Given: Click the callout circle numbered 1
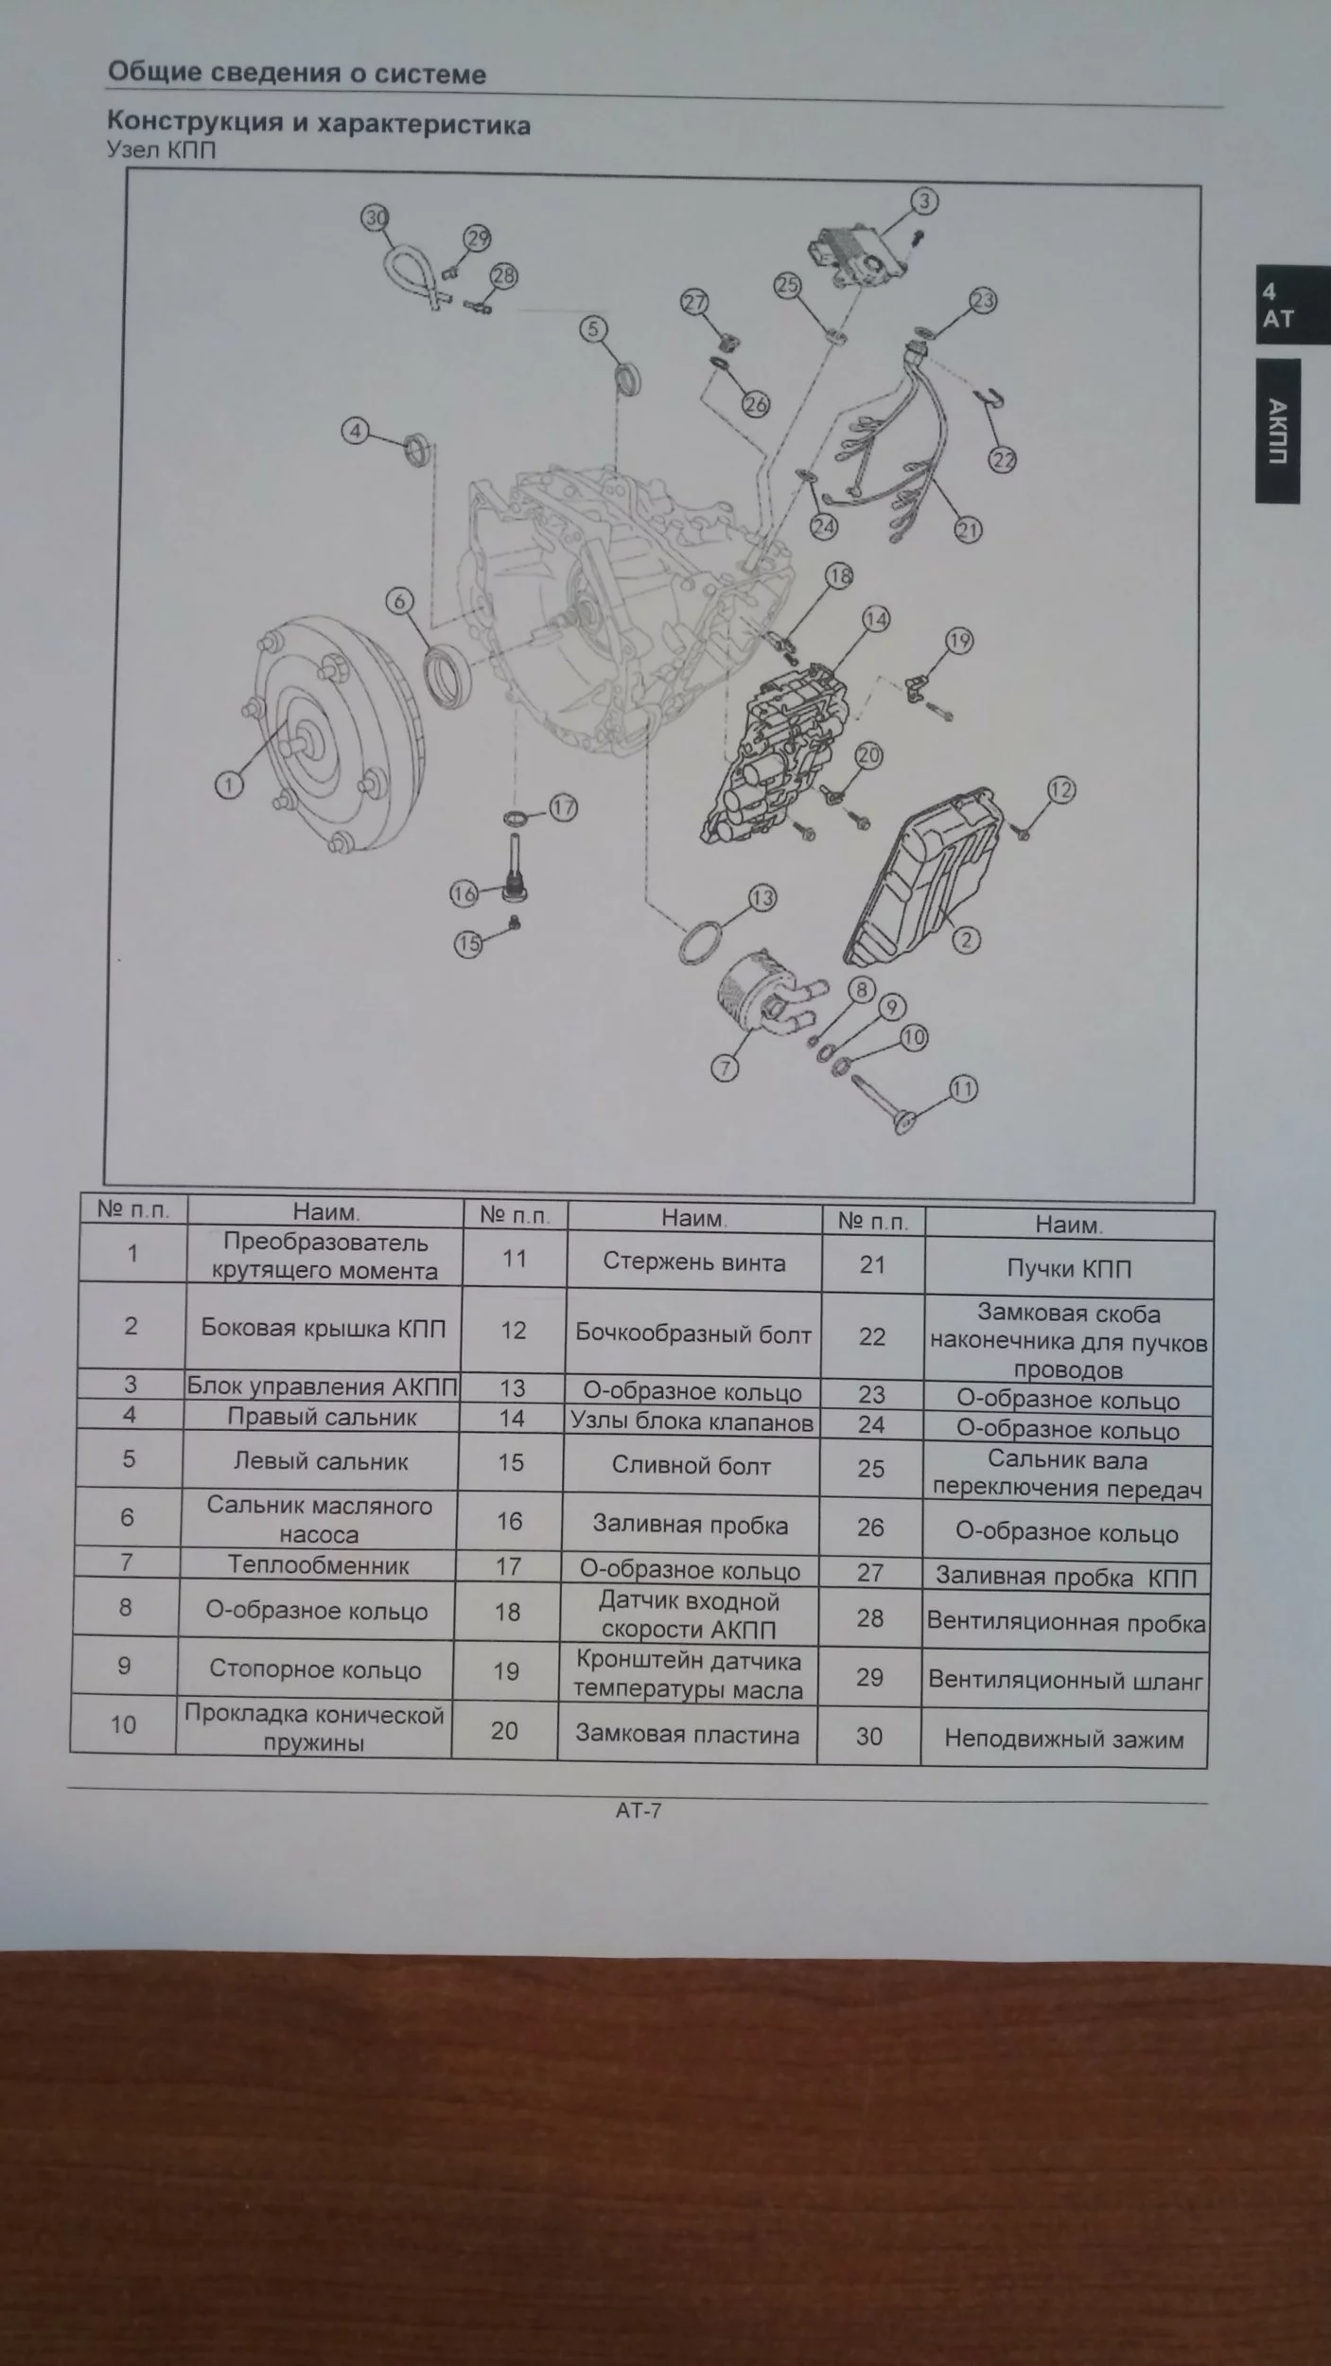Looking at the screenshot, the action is [229, 784].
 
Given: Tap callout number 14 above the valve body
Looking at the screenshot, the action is [876, 619].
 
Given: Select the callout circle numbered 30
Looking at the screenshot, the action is [376, 219].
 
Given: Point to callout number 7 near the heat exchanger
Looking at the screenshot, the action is [725, 1068].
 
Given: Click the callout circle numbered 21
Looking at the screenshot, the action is [968, 529].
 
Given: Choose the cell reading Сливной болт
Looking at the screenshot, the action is [691, 1466].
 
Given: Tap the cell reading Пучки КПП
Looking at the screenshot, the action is [1069, 1269].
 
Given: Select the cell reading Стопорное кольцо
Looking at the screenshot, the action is [315, 1669].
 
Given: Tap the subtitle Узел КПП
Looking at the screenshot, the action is [162, 150].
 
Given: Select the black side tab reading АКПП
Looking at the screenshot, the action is [1278, 431].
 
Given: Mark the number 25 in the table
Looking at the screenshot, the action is [870, 1469].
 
